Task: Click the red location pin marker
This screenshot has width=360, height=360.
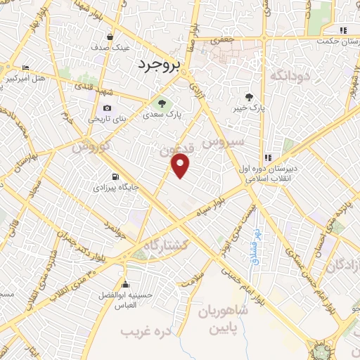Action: [181, 165]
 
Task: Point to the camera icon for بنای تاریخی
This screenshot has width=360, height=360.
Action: [107, 108]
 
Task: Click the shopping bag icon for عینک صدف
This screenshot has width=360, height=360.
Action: [110, 37]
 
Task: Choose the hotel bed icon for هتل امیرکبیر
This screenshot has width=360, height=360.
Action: [26, 67]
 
